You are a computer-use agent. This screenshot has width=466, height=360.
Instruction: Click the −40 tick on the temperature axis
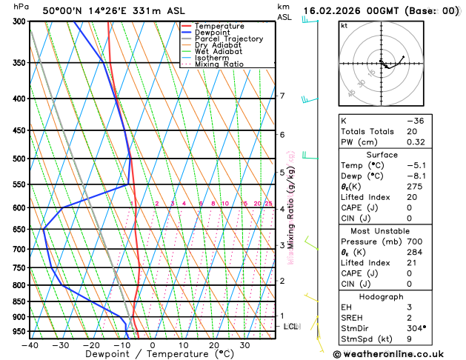[30, 344]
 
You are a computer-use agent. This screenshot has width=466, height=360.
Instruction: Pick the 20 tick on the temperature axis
[213, 344]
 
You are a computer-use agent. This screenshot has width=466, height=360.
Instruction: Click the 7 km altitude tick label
[282, 96]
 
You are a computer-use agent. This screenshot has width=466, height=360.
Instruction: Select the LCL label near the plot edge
[291, 326]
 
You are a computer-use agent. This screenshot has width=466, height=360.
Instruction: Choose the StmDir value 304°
[416, 327]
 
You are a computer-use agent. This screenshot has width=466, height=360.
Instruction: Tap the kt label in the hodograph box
[344, 26]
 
